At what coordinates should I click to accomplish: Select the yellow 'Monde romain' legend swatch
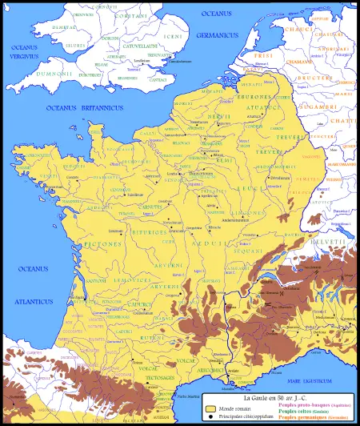[211, 408]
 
